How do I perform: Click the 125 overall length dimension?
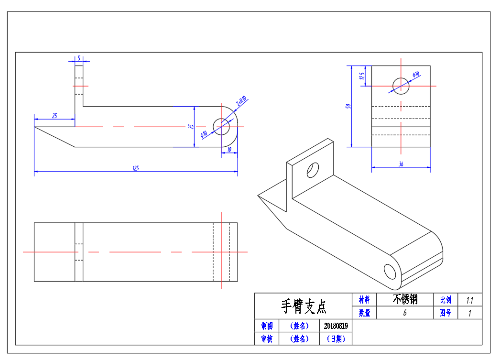tap(136, 168)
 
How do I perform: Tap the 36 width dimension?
tap(401, 164)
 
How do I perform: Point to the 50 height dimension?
tap(349, 106)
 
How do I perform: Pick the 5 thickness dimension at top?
tap(79, 58)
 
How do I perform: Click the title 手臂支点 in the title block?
tap(303, 306)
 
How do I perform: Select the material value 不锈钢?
tap(405, 300)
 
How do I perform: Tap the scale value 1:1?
tap(469, 300)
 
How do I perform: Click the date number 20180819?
tap(336, 326)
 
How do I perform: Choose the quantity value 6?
tap(405, 313)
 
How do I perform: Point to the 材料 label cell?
tap(364, 300)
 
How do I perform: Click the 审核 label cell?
tap(266, 339)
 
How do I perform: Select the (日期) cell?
tap(336, 339)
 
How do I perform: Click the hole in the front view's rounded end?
tap(221, 127)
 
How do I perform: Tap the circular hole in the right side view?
tap(401, 86)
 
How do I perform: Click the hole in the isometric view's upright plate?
tap(313, 170)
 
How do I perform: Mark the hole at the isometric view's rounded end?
tap(390, 271)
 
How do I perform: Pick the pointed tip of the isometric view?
tap(259, 195)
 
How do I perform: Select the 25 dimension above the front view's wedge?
tap(54, 116)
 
